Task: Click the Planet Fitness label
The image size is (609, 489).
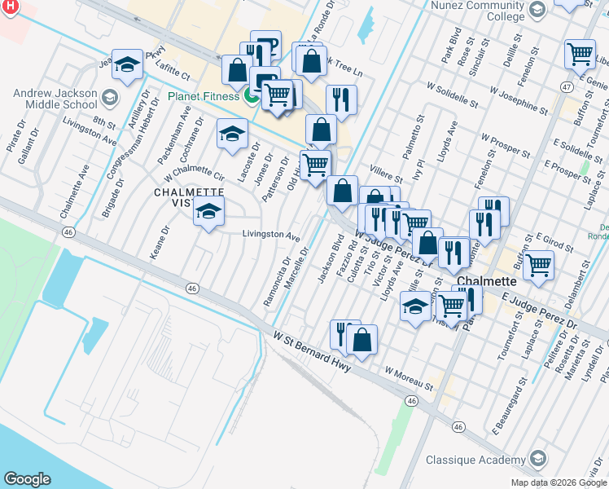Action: [x=204, y=96]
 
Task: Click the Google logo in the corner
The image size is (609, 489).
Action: [x=27, y=479]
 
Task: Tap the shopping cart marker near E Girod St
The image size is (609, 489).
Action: [x=538, y=263]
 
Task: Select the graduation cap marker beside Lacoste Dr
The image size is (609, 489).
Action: [x=232, y=132]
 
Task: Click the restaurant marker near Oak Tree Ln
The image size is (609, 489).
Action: [x=341, y=99]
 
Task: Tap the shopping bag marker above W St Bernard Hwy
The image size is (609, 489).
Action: [x=361, y=338]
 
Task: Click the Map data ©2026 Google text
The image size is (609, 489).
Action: [x=558, y=482]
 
